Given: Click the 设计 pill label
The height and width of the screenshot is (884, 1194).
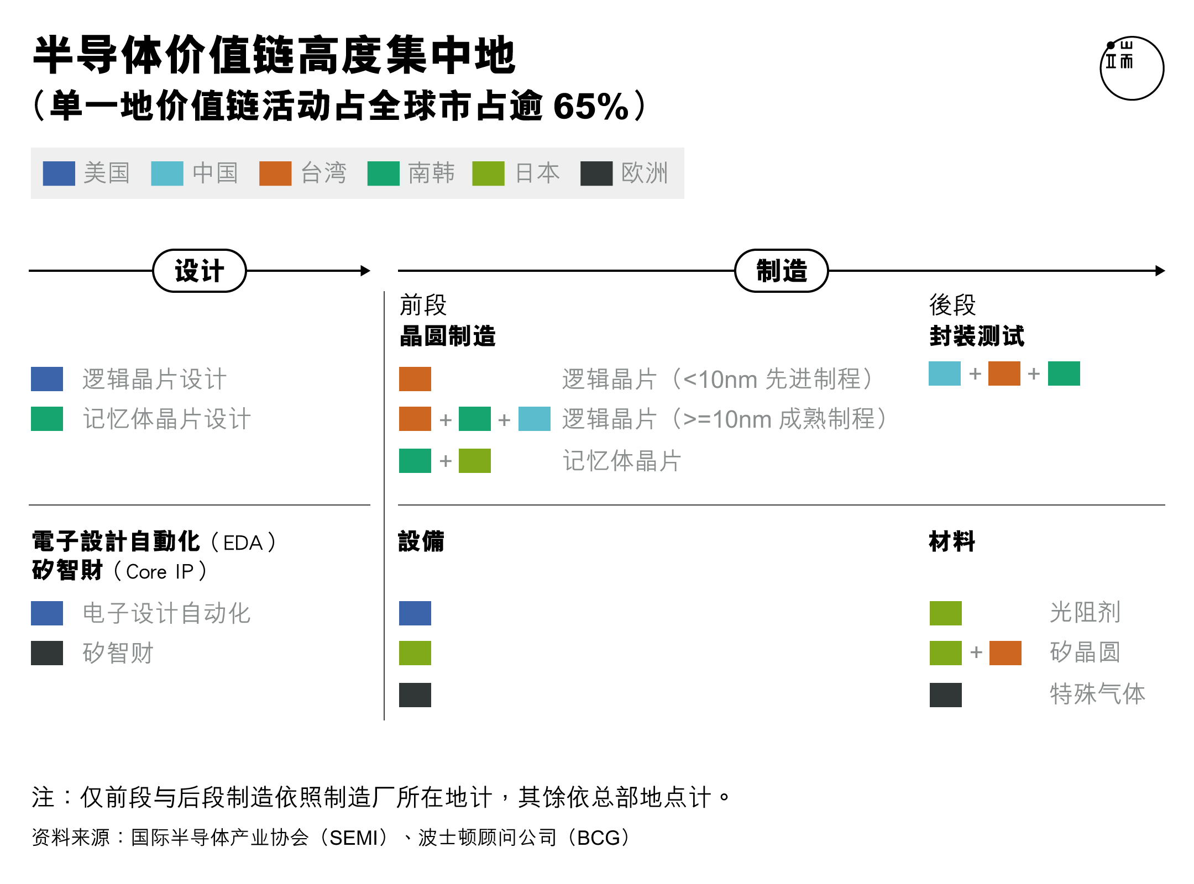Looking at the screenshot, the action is coord(200,271).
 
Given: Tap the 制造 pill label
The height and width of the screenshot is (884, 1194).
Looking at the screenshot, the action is coord(782,271).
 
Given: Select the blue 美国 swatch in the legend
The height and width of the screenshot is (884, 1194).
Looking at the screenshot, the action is coord(59,173).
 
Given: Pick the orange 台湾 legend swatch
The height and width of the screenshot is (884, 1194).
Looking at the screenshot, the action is coord(275,173).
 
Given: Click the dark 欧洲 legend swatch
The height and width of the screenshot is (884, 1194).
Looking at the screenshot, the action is coord(596,173).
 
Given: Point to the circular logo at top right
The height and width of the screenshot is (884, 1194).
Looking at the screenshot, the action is coord(1132,69).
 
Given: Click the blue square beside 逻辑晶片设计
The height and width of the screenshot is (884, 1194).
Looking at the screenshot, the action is coord(47,379).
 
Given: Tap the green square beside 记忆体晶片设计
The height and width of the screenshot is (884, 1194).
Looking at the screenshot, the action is coord(47,419).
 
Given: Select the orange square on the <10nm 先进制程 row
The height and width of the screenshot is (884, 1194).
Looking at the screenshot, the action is coord(415,379).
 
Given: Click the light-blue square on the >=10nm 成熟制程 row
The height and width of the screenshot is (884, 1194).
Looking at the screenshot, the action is coord(535,419).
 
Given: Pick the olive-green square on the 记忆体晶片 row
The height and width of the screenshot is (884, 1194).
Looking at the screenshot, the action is coord(475,461).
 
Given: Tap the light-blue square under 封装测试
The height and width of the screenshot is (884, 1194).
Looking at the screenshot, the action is coord(945,373).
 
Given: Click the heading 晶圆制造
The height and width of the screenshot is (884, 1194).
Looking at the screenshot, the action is coord(448,336).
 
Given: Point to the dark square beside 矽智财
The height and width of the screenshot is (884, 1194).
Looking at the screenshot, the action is coord(47,653).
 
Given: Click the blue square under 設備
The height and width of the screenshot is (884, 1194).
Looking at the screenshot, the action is coord(415,613).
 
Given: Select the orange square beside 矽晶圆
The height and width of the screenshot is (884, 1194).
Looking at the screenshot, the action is coord(1006,653).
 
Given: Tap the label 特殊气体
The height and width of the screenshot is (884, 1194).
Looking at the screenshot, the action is coord(1097,694).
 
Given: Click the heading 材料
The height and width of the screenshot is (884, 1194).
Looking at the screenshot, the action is coord(952,541).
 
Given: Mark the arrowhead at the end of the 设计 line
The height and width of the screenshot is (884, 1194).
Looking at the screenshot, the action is coord(365,271).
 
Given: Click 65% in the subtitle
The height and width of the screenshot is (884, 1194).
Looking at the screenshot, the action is coord(591,106).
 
